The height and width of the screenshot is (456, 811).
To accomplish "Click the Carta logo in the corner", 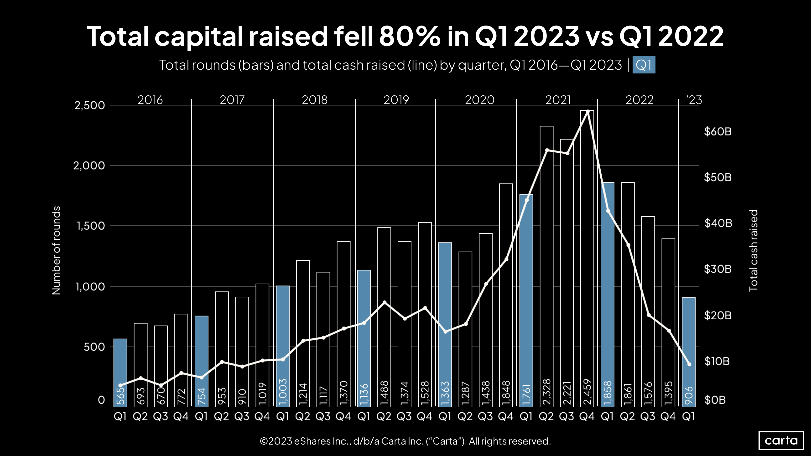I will (781, 440).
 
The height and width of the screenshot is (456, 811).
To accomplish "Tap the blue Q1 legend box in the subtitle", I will (644, 65).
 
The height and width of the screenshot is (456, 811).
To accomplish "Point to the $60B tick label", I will (717, 132).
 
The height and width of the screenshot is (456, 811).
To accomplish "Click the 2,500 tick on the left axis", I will (89, 105).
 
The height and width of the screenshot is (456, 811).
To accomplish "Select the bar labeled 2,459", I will (587, 258).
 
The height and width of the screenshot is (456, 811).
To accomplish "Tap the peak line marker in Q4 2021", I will (587, 111).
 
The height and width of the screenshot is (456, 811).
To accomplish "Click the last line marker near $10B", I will (689, 364).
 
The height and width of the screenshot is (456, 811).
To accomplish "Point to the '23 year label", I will (694, 100).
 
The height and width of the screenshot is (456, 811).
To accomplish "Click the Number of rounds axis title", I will (56, 250).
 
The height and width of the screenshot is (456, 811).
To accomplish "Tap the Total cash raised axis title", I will (753, 250).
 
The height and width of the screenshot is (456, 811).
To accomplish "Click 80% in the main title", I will (410, 36).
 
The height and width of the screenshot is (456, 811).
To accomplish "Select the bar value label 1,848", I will (506, 393).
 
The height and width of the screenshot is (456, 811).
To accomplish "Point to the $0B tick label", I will (715, 400).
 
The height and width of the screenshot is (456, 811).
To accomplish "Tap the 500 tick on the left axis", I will (94, 347).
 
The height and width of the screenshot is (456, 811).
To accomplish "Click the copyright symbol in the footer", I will (264, 441).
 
